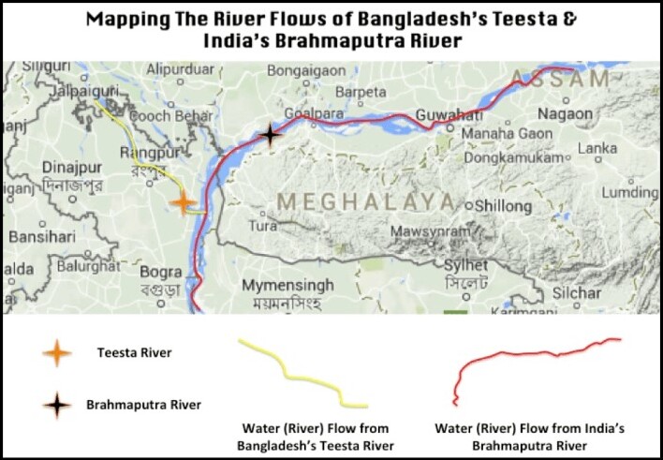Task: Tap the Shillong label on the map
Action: coord(505,204)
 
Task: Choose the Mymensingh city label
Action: coord(287,285)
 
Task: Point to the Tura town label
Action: coord(263,226)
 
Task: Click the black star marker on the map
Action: coord(271,135)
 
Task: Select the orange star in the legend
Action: coord(58,353)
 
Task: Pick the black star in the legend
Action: coord(58,406)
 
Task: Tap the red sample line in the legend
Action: coord(534,367)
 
